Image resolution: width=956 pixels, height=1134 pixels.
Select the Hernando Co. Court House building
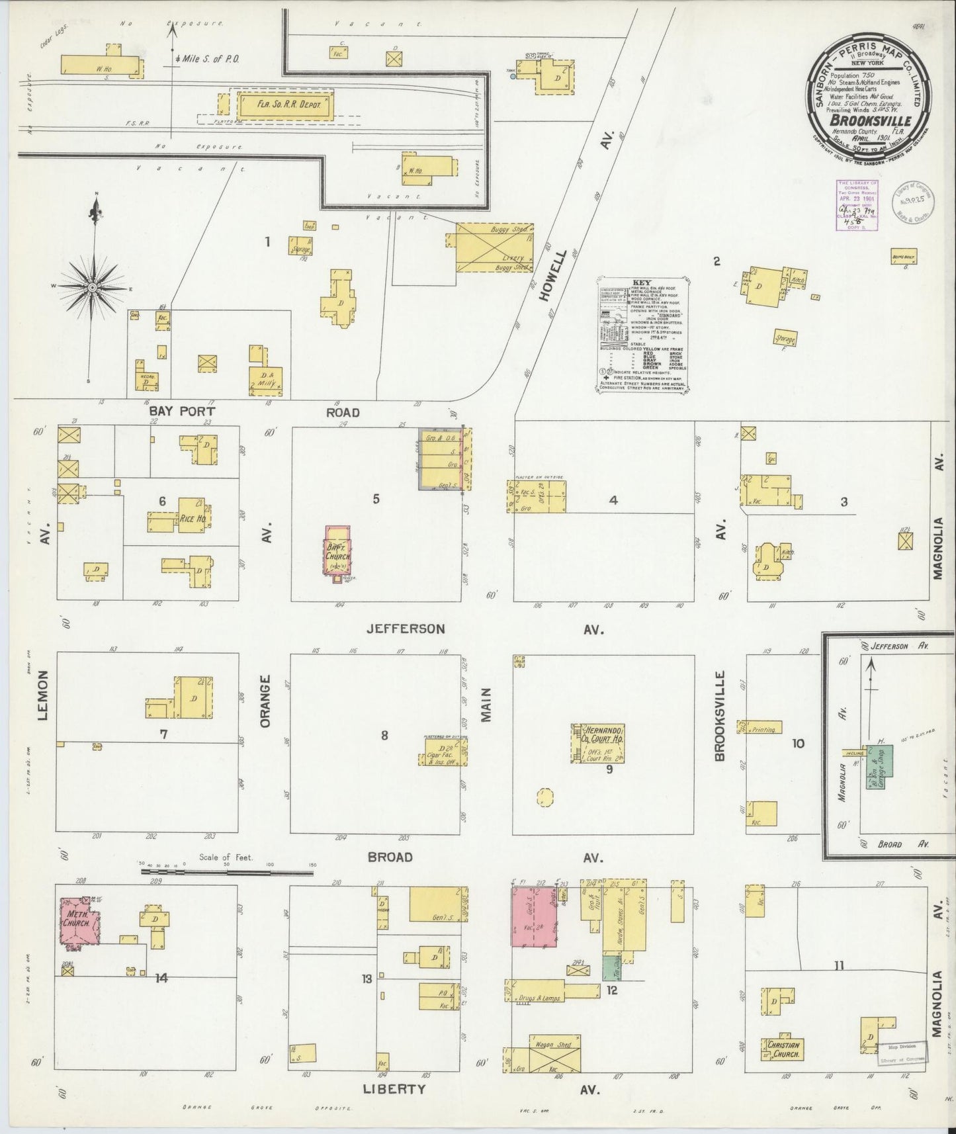click(600, 742)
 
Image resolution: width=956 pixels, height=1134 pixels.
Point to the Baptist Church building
click(338, 550)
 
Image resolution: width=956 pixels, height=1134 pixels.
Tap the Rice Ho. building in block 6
click(191, 517)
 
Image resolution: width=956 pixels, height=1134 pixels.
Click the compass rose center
click(93, 286)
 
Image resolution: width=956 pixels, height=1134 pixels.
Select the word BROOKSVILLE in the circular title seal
click(871, 121)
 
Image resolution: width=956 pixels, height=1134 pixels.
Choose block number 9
click(609, 769)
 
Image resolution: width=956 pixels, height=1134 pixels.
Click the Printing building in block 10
click(763, 729)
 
